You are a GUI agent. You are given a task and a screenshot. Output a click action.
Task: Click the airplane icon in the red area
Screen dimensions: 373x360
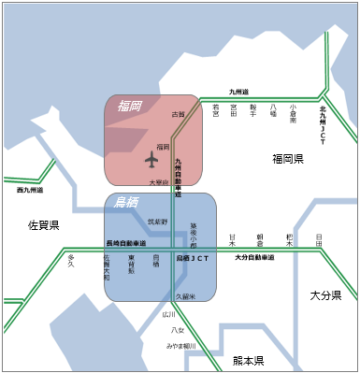(x=152, y=159)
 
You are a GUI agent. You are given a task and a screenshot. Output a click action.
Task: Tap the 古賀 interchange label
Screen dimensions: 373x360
(x=179, y=114)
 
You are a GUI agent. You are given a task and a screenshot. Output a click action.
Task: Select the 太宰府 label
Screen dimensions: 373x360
(x=158, y=182)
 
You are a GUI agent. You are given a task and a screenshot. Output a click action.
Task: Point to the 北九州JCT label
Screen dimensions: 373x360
(x=322, y=118)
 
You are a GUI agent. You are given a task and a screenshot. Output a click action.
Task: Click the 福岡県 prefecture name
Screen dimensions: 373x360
(x=288, y=159)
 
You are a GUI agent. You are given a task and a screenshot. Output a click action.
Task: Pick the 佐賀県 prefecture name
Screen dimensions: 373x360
(x=43, y=225)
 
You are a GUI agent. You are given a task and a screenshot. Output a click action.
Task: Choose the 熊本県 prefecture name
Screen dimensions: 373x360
(x=248, y=361)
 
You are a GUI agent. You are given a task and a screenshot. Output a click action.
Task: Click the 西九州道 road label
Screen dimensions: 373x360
(x=31, y=190)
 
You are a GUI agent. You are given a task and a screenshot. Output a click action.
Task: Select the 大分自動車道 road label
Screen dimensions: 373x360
(x=253, y=257)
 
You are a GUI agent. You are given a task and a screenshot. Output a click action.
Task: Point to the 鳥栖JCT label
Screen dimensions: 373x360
(x=190, y=256)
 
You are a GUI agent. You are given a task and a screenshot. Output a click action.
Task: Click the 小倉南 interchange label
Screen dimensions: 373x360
(x=294, y=114)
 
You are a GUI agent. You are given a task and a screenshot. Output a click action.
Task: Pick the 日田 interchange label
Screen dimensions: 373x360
(x=319, y=240)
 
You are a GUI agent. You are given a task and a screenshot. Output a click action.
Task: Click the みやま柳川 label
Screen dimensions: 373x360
(x=181, y=345)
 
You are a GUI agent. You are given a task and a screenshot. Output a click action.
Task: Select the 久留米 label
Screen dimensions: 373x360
(x=184, y=296)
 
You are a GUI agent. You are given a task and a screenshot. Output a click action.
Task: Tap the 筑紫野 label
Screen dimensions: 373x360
(x=157, y=222)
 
